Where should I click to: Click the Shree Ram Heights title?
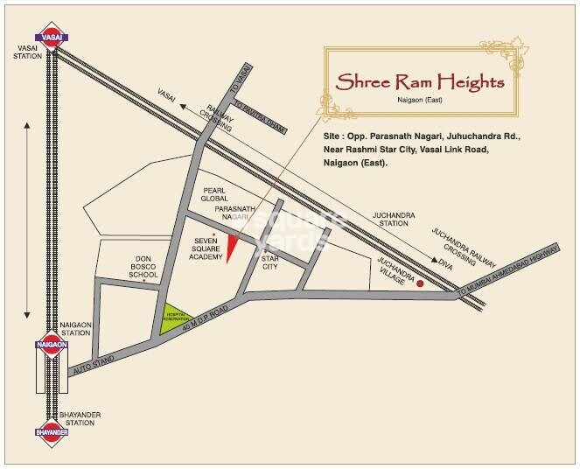(422, 83)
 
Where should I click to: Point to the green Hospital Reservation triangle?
(175, 318)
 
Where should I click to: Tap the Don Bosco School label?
(144, 267)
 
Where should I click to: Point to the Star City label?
(270, 262)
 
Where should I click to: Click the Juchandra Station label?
(392, 219)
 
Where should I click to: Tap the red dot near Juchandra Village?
(420, 283)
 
